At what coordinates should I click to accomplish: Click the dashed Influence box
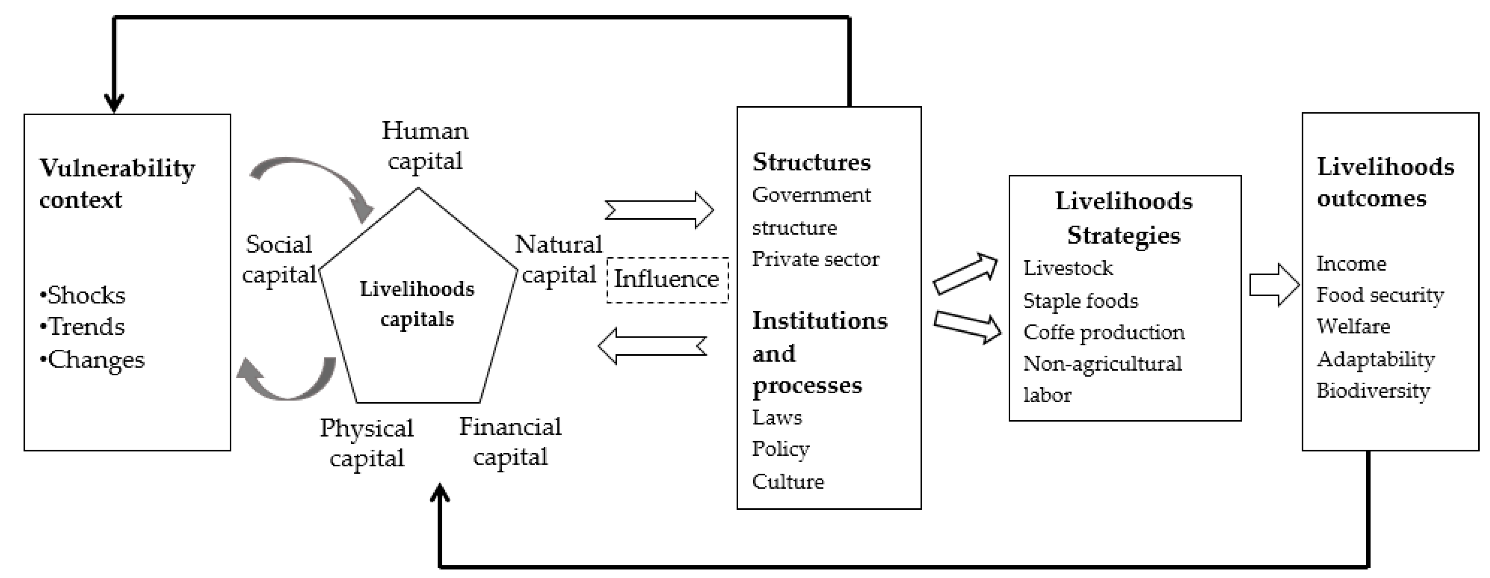pyautogui.click(x=667, y=279)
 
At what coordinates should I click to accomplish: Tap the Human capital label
pyautogui.click(x=425, y=146)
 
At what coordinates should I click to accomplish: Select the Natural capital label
pyautogui.click(x=558, y=259)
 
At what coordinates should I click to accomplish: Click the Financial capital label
pyautogui.click(x=510, y=442)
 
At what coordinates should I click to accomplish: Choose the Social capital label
pyautogui.click(x=279, y=259)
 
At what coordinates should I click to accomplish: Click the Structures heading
pyautogui.click(x=811, y=162)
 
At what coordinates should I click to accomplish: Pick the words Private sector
pyautogui.click(x=815, y=259)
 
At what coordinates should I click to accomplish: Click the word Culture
pyautogui.click(x=788, y=481)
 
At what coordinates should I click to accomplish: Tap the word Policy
pyautogui.click(x=780, y=449)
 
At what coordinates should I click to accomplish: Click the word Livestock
pyautogui.click(x=1068, y=268)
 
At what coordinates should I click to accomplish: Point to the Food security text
pyautogui.click(x=1379, y=295)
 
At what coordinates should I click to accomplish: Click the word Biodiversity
pyautogui.click(x=1373, y=390)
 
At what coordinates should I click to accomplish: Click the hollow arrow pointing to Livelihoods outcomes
pyautogui.click(x=1274, y=285)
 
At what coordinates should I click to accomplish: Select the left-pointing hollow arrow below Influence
pyautogui.click(x=652, y=346)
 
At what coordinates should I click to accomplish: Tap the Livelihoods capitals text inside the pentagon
pyautogui.click(x=417, y=304)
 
